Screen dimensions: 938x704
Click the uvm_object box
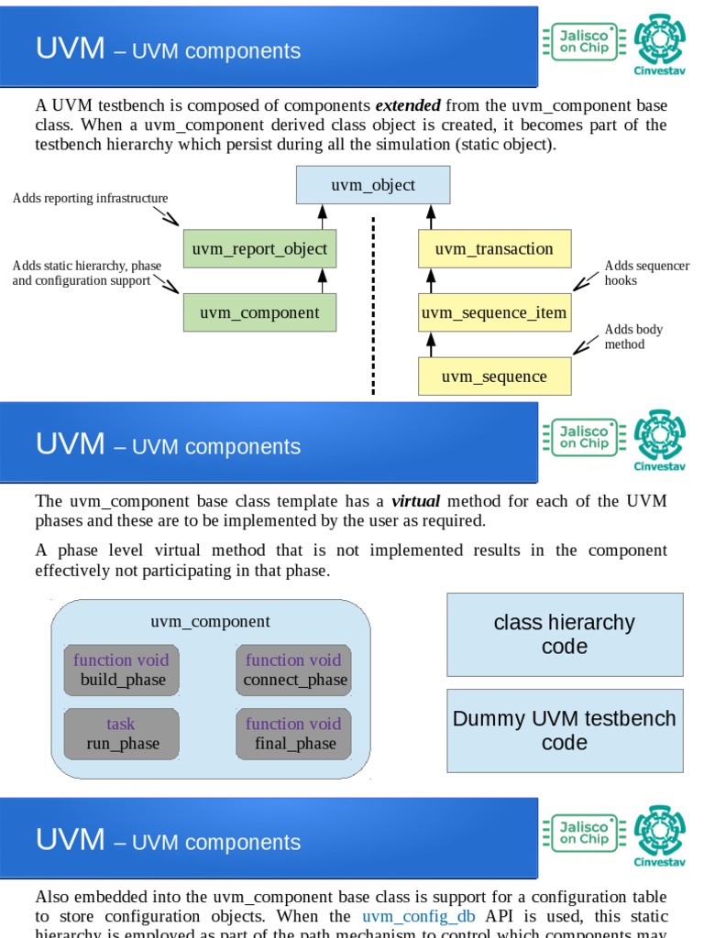[x=373, y=185]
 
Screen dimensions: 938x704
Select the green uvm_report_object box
[x=259, y=249]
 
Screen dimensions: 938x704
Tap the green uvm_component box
[x=259, y=313]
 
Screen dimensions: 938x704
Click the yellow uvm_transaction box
[x=494, y=249]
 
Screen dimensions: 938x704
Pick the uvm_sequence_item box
[x=494, y=313]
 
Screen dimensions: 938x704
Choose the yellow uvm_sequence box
[x=494, y=376]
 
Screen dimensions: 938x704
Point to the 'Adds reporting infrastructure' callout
[x=90, y=199]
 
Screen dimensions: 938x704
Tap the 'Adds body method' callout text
[x=632, y=337]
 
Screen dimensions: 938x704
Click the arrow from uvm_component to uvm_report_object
[x=322, y=280]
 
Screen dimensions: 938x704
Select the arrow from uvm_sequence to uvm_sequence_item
[x=431, y=344]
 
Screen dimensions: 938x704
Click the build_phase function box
[x=122, y=671]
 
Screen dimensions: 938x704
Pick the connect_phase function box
[x=293, y=671]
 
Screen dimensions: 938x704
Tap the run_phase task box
[x=122, y=734]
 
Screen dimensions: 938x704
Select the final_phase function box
[x=293, y=734]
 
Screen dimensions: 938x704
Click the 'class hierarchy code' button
[x=565, y=634]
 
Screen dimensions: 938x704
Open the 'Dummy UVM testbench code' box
[x=565, y=730]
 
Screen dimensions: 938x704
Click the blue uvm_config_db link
[x=418, y=916]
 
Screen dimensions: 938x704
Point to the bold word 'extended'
[x=408, y=105]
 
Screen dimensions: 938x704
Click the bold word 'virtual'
[x=416, y=501]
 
